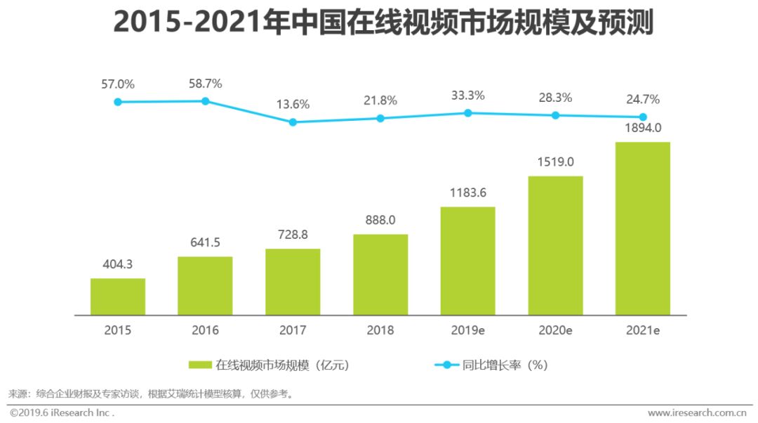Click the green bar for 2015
(118, 297)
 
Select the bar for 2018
(380, 275)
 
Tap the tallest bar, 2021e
(643, 228)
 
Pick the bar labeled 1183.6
(468, 261)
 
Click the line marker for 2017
(293, 122)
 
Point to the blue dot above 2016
(206, 101)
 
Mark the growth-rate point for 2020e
(555, 115)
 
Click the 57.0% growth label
(118, 84)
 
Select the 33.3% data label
(468, 96)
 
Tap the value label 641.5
(205, 243)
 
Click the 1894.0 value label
(643, 128)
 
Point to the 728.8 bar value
(293, 235)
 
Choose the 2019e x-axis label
(468, 330)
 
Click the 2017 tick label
(293, 330)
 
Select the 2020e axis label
(556, 330)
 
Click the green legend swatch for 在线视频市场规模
(200, 365)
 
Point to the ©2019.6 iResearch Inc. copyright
(62, 412)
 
